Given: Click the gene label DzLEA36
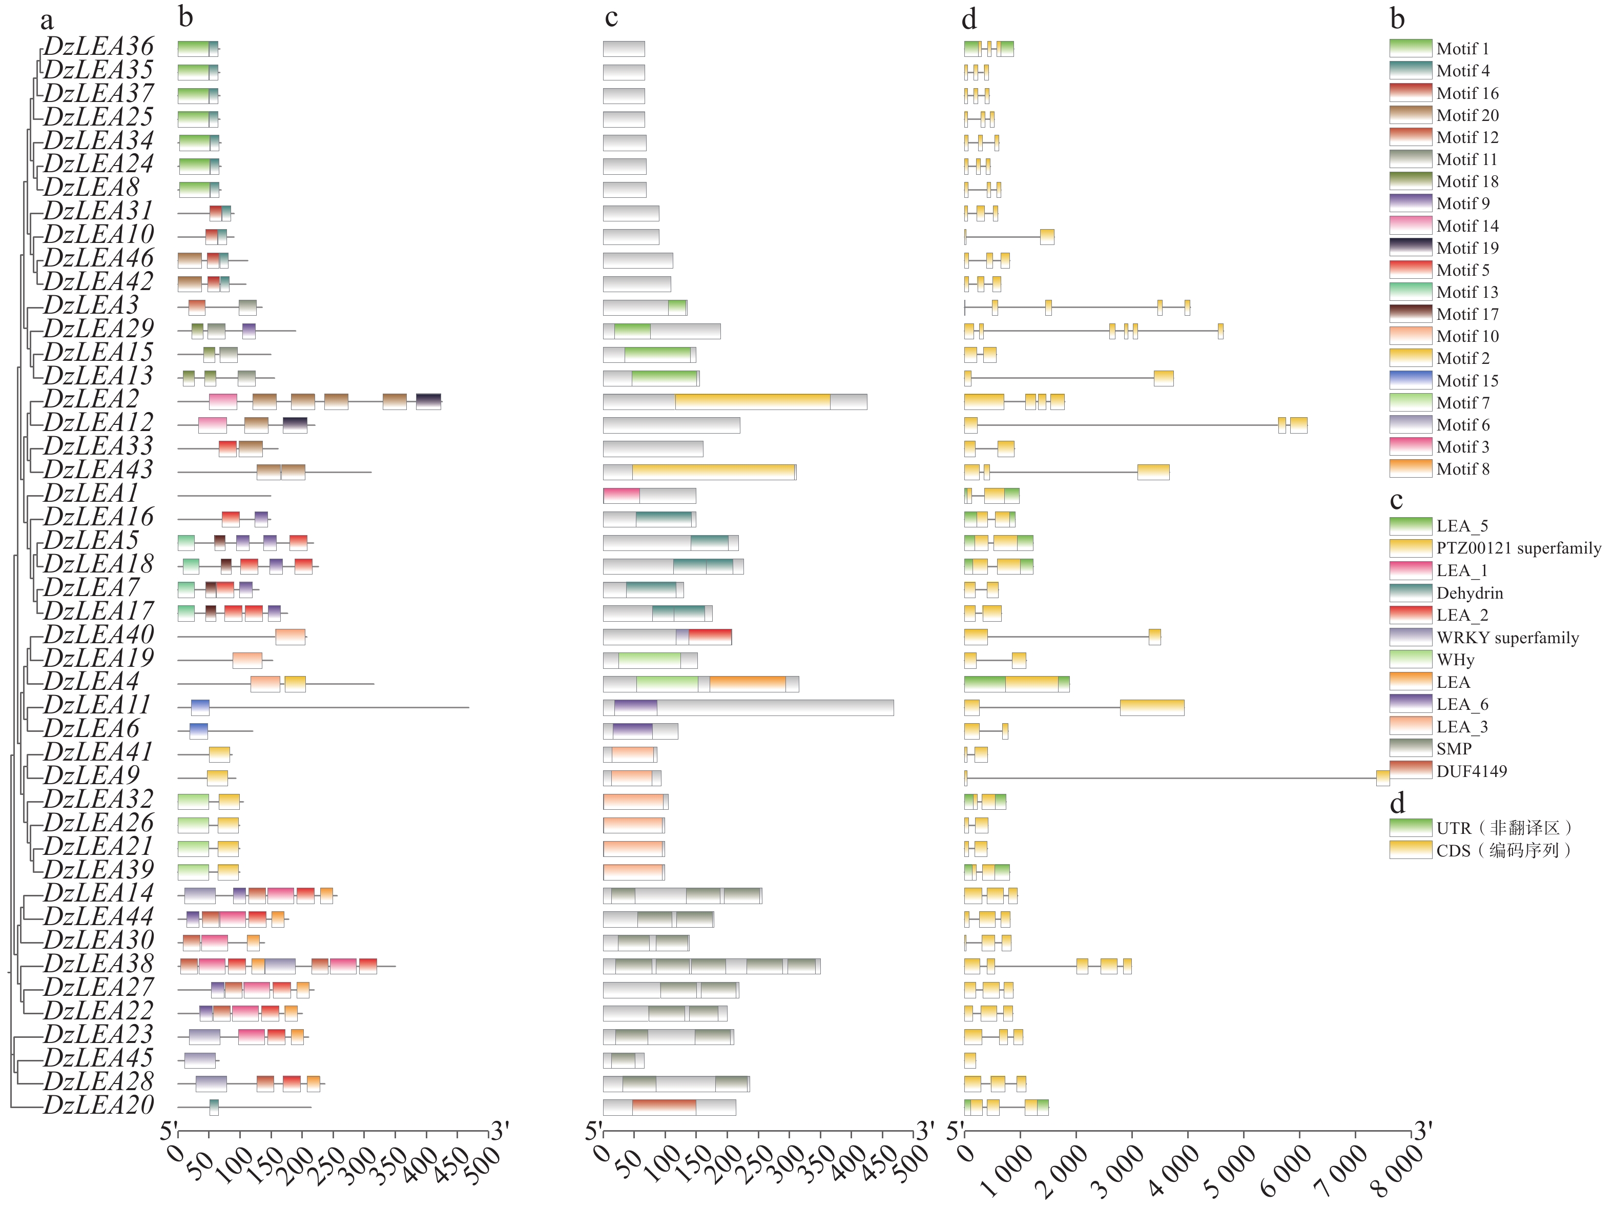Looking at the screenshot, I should click(98, 47).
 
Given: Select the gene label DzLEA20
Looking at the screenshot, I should click(98, 1106).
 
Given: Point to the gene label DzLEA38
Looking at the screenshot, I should click(98, 965).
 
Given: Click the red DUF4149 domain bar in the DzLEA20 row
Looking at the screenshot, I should click(664, 1107).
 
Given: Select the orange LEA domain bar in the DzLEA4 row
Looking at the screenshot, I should click(747, 684).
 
